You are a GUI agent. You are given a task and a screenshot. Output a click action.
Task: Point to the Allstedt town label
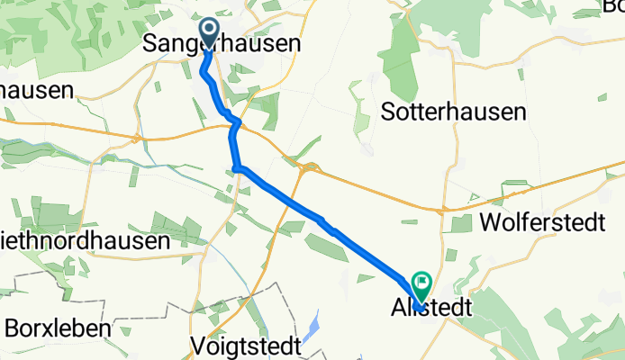pos(431,308)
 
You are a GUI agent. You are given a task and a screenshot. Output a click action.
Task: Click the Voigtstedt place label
pos(242,345)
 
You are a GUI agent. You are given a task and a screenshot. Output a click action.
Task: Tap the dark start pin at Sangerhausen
pos(209,33)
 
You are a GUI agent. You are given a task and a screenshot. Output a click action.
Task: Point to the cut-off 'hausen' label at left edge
pos(36,91)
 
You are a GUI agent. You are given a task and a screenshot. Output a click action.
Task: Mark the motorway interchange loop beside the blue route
pos(311,167)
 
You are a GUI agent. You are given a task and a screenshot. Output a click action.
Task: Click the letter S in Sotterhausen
pos(388,112)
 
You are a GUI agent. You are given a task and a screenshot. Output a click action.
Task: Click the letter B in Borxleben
pos(12,326)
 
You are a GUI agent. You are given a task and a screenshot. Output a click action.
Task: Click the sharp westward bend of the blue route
pos(236,167)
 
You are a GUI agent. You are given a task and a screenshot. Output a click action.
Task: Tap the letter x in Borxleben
pos(44,326)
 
